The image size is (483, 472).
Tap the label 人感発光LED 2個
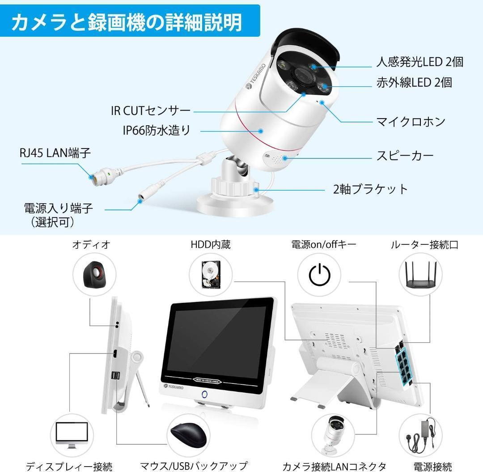point(419,62)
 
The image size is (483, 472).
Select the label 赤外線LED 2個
point(414,82)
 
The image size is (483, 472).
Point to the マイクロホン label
point(411,121)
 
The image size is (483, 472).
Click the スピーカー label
point(405,156)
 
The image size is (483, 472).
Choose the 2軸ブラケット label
point(370,189)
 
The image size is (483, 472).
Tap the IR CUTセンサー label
point(151,111)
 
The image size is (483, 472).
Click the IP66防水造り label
point(156,130)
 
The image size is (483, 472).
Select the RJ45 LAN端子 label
point(55,153)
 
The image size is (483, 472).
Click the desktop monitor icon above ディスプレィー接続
point(72,433)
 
